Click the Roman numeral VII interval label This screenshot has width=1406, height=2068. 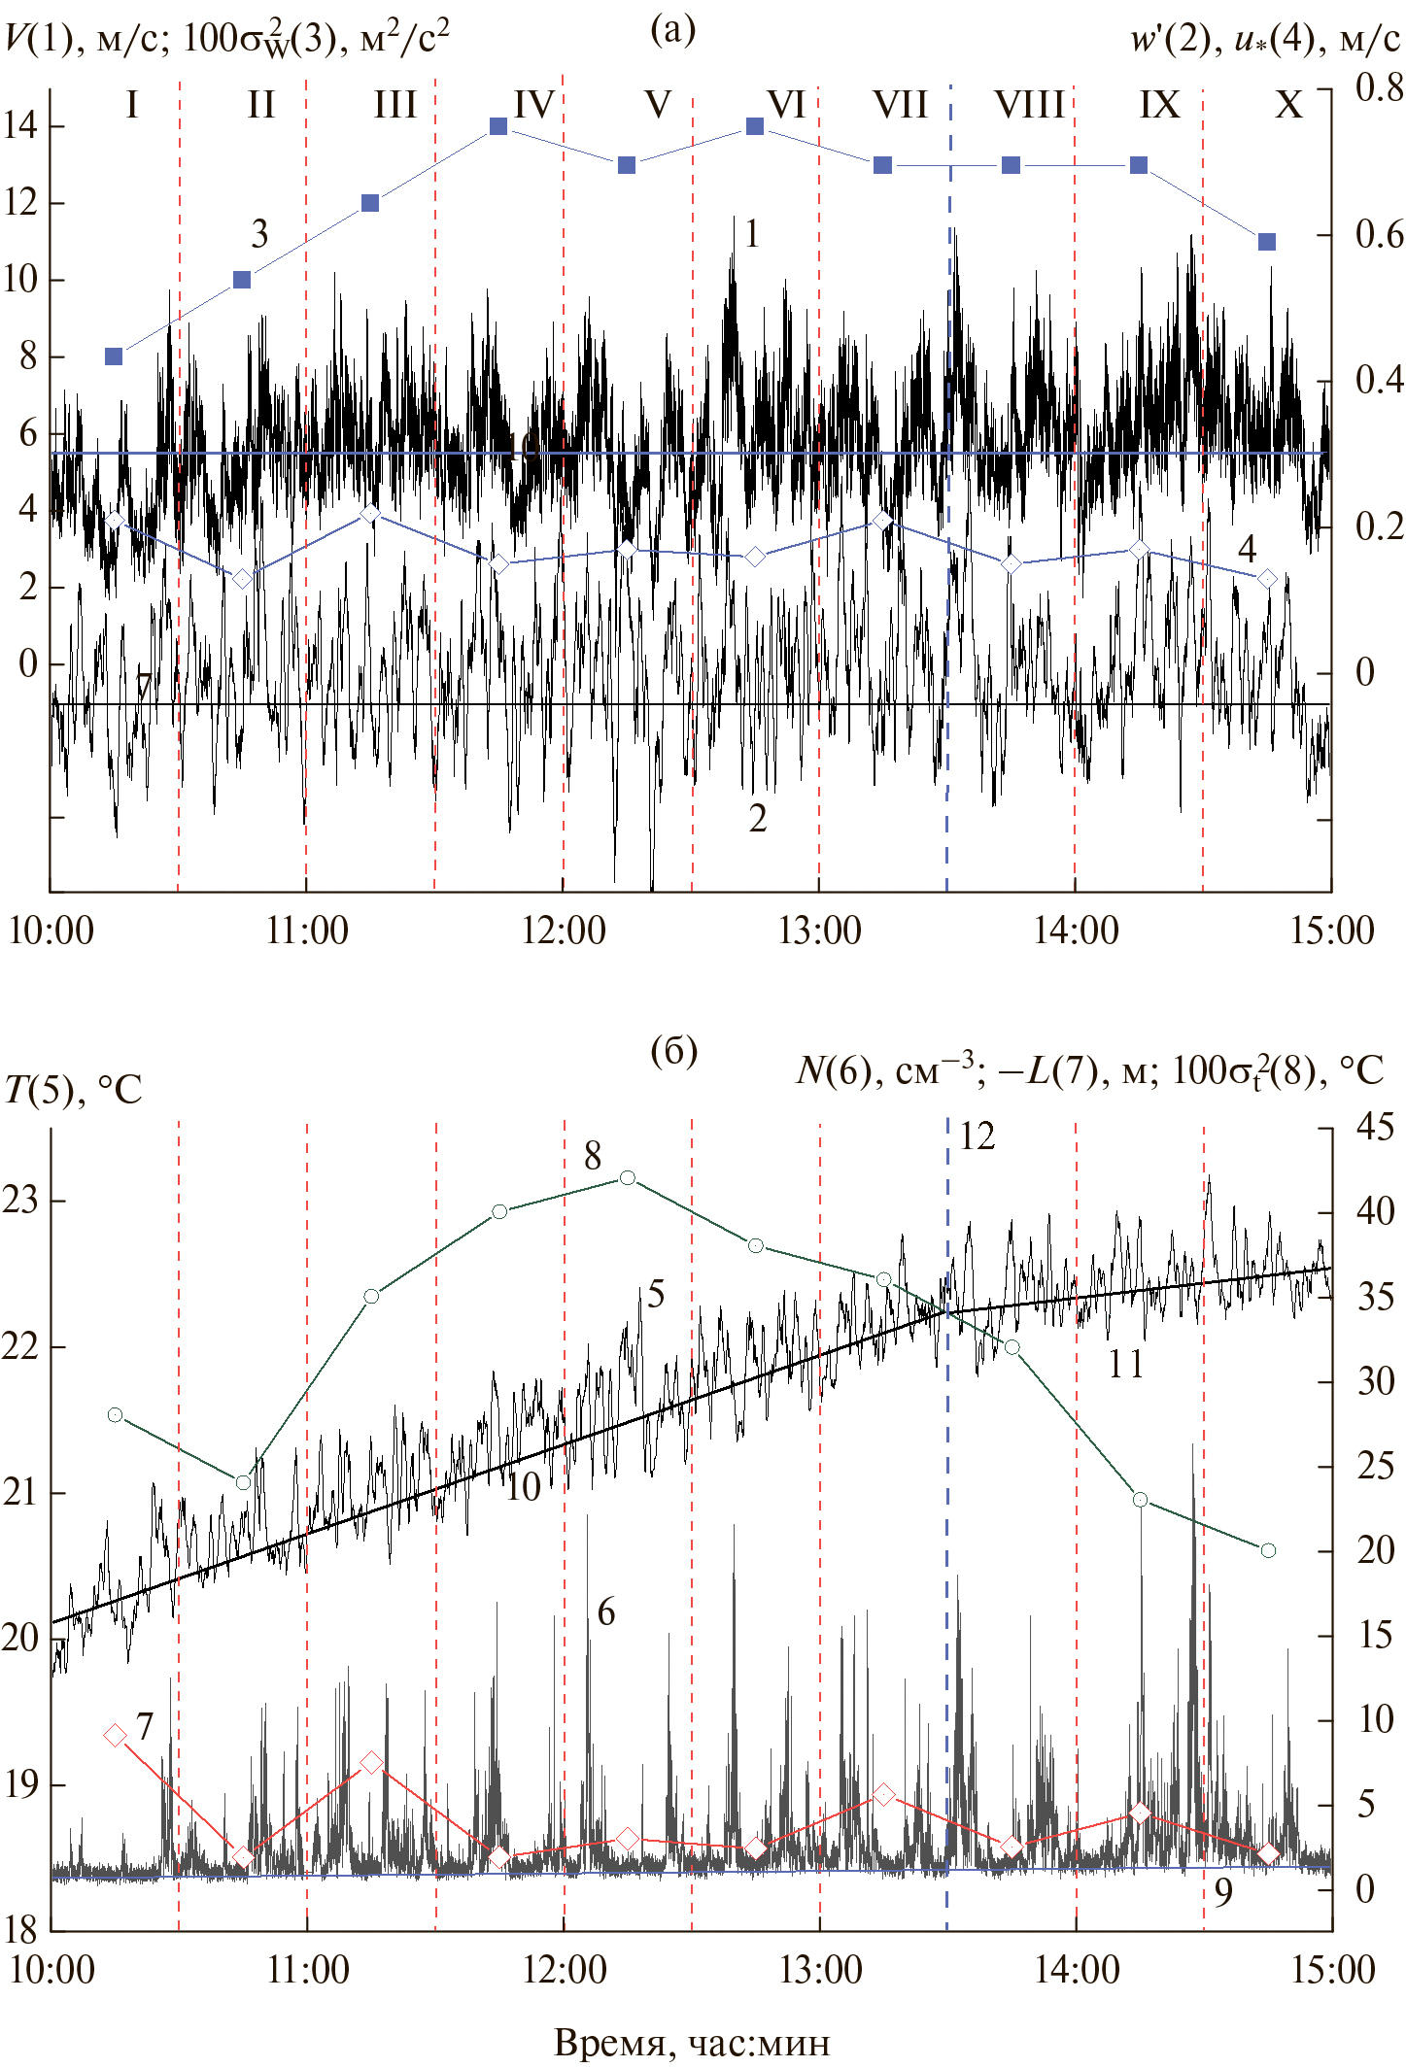900,104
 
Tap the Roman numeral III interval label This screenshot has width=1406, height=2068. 394,104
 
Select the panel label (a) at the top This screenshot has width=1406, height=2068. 673,30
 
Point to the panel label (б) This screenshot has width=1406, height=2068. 673,1050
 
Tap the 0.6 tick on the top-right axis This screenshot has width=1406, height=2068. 1379,234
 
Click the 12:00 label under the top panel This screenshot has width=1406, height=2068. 564,931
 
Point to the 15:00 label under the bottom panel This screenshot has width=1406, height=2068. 1332,1969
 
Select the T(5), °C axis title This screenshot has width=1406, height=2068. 73,1090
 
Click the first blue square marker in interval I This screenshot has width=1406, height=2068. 114,356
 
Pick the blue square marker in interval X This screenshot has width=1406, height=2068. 1267,242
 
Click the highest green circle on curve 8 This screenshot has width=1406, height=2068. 628,1178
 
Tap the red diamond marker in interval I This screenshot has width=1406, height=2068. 115,1736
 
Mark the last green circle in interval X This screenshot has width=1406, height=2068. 1268,1550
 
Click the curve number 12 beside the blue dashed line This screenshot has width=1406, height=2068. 977,1136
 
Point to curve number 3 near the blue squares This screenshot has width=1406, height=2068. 259,234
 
